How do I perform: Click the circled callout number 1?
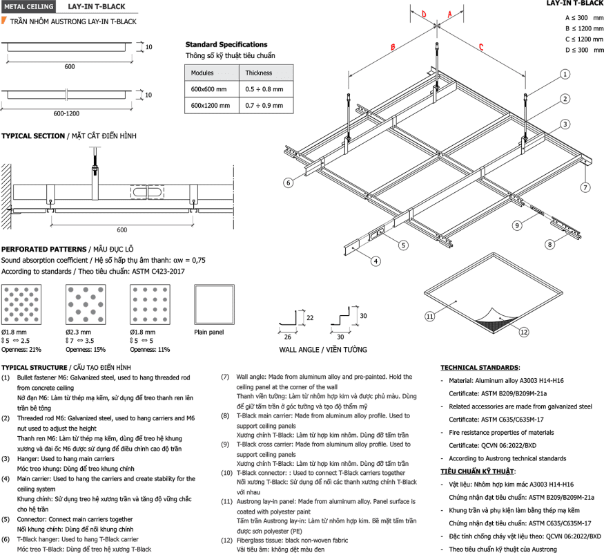pyautogui.click(x=565, y=74)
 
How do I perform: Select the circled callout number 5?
pyautogui.click(x=403, y=245)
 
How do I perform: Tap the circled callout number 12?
pyautogui.click(x=524, y=332)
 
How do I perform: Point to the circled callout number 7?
pyautogui.click(x=585, y=187)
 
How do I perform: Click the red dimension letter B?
pyautogui.click(x=393, y=47)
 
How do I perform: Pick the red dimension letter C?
pyautogui.click(x=481, y=47)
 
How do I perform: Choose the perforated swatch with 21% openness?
pyautogui.click(x=21, y=304)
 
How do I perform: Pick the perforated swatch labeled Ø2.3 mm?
pyautogui.click(x=86, y=304)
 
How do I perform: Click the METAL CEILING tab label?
pyautogui.click(x=28, y=6)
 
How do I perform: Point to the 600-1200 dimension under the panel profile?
pyautogui.click(x=66, y=113)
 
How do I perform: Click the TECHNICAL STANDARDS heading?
pyautogui.click(x=480, y=368)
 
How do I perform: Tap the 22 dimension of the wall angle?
pyautogui.click(x=310, y=318)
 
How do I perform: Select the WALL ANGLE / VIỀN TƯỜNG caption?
pyautogui.click(x=323, y=350)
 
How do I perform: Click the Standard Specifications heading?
pyautogui.click(x=226, y=44)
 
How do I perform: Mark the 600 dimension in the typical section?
pyautogui.click(x=121, y=229)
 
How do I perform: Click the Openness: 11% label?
pyautogui.click(x=150, y=350)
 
